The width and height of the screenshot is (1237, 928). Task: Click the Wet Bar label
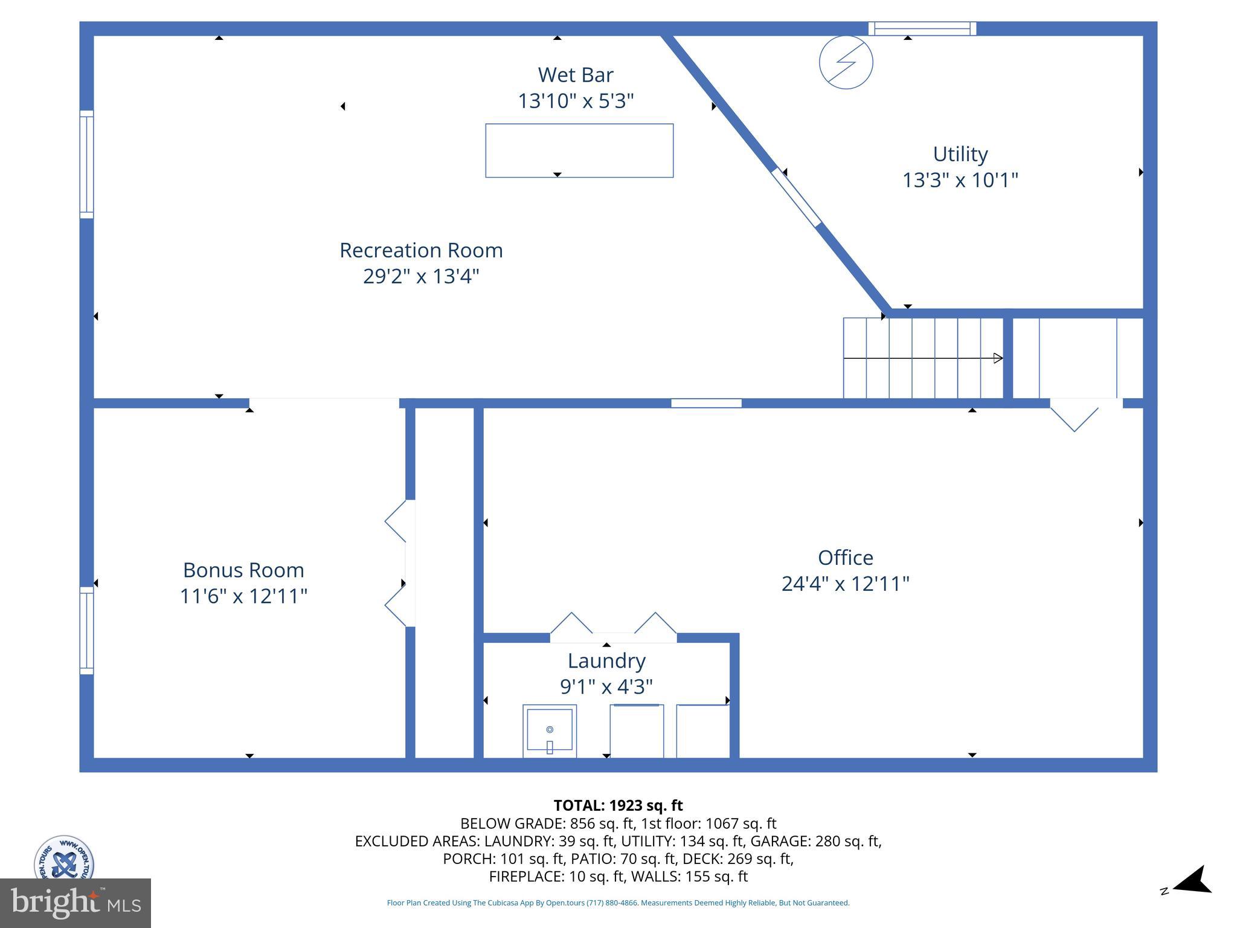click(x=575, y=75)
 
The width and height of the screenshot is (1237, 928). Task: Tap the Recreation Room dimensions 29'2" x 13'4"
click(x=421, y=277)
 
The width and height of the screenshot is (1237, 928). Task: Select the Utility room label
click(x=960, y=154)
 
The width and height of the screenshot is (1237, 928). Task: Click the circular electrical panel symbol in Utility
click(x=846, y=62)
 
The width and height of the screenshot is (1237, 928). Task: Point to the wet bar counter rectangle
click(x=579, y=150)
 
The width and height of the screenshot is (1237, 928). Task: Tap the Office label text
click(x=845, y=558)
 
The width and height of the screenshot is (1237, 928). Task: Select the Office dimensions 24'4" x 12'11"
click(x=845, y=584)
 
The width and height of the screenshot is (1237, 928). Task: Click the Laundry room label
click(x=606, y=661)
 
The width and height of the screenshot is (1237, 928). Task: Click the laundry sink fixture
click(x=549, y=731)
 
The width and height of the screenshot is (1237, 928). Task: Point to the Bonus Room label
click(x=243, y=570)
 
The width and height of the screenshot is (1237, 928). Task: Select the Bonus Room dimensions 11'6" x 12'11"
click(x=243, y=597)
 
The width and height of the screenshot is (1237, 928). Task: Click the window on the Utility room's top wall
click(x=922, y=28)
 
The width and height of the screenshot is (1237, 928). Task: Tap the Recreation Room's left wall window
click(x=87, y=164)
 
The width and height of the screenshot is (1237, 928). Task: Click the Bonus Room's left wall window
click(x=87, y=630)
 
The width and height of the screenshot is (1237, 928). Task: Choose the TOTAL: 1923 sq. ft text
click(x=618, y=805)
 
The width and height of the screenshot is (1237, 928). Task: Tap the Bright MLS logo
click(x=76, y=903)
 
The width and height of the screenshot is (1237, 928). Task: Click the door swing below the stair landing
click(x=1074, y=417)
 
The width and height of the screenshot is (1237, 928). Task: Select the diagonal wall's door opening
click(x=796, y=198)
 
